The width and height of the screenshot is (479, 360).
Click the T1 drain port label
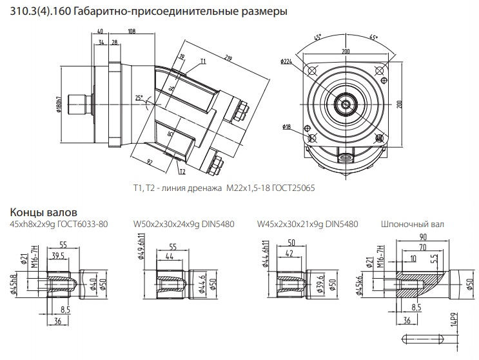(x=202, y=61)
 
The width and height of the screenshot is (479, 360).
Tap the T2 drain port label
(x=182, y=172)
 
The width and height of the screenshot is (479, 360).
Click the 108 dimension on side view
(x=132, y=31)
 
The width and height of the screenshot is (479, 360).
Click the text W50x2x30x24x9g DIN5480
(x=183, y=224)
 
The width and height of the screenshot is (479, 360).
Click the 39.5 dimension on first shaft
(x=58, y=255)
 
